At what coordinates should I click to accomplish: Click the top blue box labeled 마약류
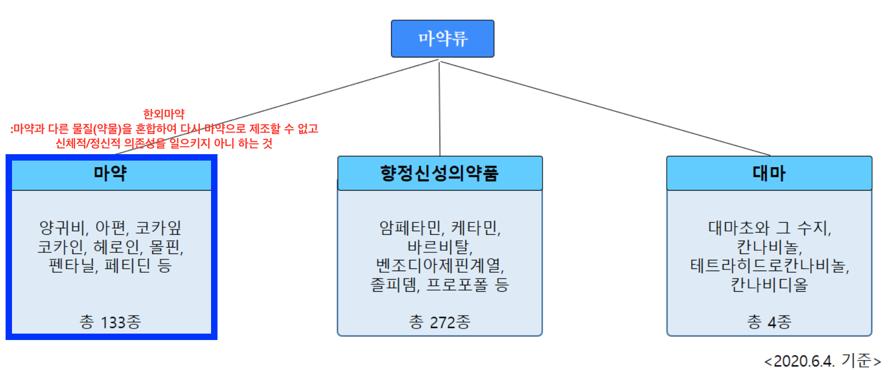tap(442, 39)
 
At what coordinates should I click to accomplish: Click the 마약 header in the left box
tap(110, 173)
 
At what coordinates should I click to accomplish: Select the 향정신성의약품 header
tap(440, 173)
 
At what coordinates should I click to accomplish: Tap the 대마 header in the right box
tap(769, 173)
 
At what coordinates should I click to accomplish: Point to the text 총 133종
tap(110, 322)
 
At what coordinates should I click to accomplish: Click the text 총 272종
tap(440, 322)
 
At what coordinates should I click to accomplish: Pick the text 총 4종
tap(769, 322)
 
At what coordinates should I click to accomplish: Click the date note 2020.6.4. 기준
tap(822, 361)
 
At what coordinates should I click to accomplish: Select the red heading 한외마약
tap(164, 114)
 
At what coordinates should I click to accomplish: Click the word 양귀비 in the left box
tap(63, 228)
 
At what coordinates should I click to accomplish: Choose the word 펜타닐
tap(72, 266)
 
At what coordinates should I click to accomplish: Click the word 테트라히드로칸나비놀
tap(769, 266)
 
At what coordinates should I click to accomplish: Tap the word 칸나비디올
tap(769, 285)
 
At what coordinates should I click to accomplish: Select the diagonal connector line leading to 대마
tap(605, 108)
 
